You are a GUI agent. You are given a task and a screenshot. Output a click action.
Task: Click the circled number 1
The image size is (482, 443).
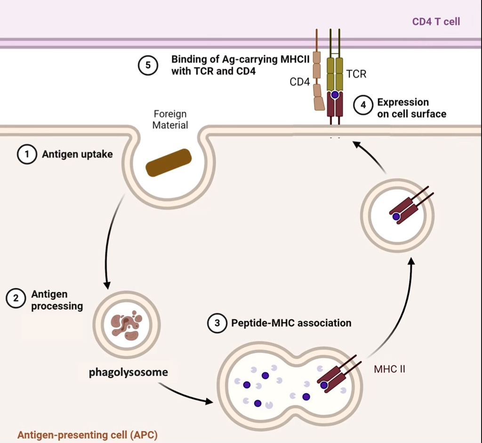[x=27, y=154]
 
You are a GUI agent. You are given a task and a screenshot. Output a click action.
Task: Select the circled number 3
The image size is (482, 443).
[x=217, y=323]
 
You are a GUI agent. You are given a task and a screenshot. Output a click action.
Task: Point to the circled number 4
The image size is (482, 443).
[x=363, y=105]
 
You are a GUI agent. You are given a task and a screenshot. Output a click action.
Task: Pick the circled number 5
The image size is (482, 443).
[x=147, y=65]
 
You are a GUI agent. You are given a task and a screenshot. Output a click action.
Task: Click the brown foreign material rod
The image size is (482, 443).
[x=169, y=163]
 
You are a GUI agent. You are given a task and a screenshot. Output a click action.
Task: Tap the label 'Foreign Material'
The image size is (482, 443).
[x=170, y=120]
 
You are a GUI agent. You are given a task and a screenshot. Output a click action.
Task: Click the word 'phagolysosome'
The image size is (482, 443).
[x=129, y=372]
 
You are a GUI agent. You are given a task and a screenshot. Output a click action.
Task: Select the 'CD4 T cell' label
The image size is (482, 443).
[x=436, y=21]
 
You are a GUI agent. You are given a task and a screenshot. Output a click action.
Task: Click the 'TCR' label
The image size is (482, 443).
[x=356, y=74]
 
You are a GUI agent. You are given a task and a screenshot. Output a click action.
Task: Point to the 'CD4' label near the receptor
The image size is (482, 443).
[x=299, y=82]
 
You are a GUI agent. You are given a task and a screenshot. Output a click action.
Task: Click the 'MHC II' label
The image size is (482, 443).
[x=389, y=369]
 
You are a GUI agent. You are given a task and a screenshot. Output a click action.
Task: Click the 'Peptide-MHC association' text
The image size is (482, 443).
[x=291, y=323]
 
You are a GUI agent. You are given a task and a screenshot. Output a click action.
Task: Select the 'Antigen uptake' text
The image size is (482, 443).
[x=77, y=154]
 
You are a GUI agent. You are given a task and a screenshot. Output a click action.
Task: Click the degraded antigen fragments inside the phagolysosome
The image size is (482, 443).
[x=127, y=325]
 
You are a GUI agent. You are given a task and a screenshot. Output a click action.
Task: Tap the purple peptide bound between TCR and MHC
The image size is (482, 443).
[x=335, y=95]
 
